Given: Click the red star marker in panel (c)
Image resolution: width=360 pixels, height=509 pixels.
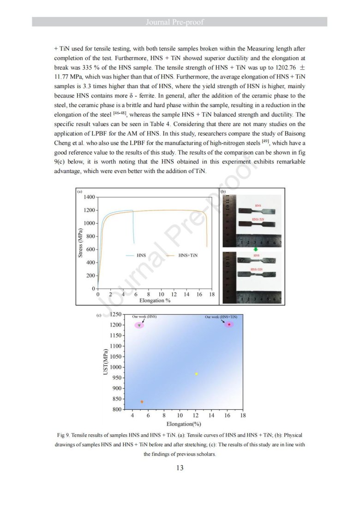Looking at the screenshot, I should [229, 324].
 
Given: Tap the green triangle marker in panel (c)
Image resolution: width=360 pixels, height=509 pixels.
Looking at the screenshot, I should [139, 325].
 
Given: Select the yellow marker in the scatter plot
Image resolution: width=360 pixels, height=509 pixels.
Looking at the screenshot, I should [197, 374].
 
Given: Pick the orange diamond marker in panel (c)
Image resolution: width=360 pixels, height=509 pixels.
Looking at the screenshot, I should [142, 402].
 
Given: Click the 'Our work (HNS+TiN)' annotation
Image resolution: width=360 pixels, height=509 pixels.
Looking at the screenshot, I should [221, 317].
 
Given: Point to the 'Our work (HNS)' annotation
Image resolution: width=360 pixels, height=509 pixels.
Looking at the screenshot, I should [144, 317].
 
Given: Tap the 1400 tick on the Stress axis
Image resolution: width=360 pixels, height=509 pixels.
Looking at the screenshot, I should [89, 198].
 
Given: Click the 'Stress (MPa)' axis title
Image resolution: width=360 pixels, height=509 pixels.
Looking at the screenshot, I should [81, 243].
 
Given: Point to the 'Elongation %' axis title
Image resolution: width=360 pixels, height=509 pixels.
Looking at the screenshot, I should [155, 300].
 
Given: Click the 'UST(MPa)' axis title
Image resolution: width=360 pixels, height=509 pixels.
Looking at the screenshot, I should [105, 362].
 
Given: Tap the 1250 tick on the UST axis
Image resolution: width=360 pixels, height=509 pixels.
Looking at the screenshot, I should [116, 315].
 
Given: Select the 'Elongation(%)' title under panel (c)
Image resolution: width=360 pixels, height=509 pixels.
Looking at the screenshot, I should [184, 424].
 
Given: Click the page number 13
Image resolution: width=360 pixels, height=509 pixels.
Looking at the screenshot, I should [180, 468].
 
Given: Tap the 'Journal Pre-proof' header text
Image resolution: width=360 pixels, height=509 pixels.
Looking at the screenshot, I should [180, 22].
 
